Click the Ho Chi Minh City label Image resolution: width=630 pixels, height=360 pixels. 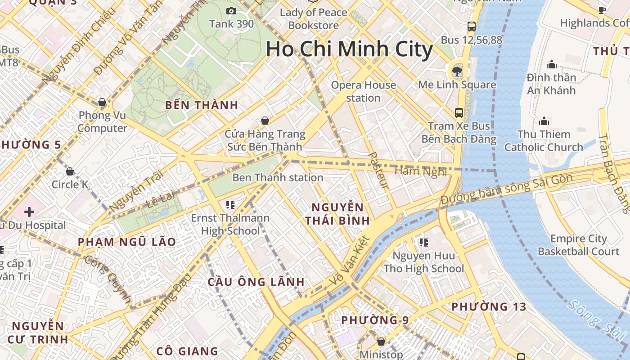(349, 49)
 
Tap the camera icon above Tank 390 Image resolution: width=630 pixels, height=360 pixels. (231, 11)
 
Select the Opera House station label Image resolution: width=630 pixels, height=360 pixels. (364, 91)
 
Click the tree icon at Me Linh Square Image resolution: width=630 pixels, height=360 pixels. (457, 71)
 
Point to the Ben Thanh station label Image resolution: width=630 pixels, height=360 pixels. (278, 178)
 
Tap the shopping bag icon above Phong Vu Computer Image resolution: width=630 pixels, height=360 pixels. (102, 102)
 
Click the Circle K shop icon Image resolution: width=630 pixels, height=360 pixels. (70, 171)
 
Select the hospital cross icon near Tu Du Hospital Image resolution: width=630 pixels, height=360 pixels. (29, 211)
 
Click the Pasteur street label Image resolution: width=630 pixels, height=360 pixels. (378, 170)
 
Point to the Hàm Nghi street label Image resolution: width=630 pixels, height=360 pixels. (420, 171)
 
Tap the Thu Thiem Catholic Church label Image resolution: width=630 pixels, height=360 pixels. (544, 141)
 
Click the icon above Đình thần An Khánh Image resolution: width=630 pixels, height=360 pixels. (551, 64)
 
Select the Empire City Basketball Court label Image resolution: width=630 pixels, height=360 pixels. (579, 245)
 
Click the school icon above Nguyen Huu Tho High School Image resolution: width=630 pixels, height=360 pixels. (423, 243)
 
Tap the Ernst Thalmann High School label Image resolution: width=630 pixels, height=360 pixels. (230, 225)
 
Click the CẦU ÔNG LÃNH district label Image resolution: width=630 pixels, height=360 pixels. (256, 282)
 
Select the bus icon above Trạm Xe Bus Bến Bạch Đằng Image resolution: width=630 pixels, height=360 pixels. (459, 112)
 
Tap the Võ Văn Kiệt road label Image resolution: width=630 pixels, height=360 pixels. (350, 261)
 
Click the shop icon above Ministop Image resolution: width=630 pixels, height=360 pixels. (381, 342)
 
